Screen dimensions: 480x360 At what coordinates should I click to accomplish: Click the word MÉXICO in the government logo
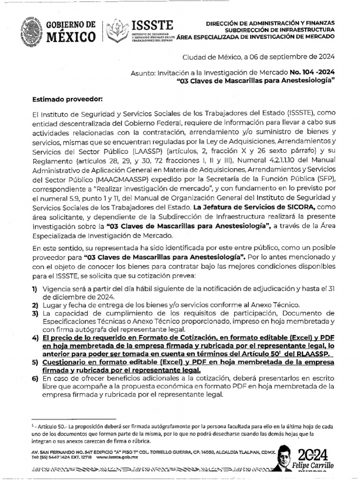[71, 36]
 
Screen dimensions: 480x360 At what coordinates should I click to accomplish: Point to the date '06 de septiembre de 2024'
[294, 58]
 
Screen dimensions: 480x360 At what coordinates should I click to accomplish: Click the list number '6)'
[35, 378]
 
